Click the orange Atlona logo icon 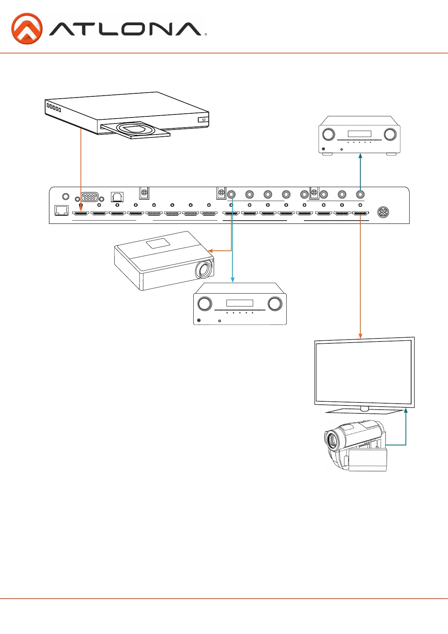pyautogui.click(x=27, y=29)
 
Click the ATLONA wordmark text pyautogui.click(x=126, y=29)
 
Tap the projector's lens pyautogui.click(x=205, y=270)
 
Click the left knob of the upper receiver pyautogui.click(x=329, y=134)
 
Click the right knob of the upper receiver pyautogui.click(x=390, y=134)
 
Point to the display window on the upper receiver pyautogui.click(x=359, y=134)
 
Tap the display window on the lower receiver pyautogui.click(x=240, y=303)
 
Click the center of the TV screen pyautogui.click(x=364, y=372)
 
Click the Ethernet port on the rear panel pyautogui.click(x=61, y=210)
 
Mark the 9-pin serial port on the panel pyautogui.click(x=90, y=197)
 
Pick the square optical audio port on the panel pyautogui.click(x=117, y=197)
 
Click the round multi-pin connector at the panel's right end pyautogui.click(x=383, y=212)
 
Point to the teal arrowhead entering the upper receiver pyautogui.click(x=360, y=155)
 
